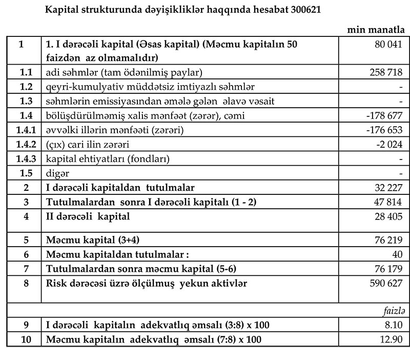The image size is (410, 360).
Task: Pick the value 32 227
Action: click(389, 188)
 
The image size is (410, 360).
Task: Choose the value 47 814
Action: click(389, 202)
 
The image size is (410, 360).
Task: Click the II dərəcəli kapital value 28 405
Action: click(389, 216)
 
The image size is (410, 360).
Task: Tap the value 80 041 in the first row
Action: click(389, 45)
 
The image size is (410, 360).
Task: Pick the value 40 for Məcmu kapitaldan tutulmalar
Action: click(397, 254)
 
